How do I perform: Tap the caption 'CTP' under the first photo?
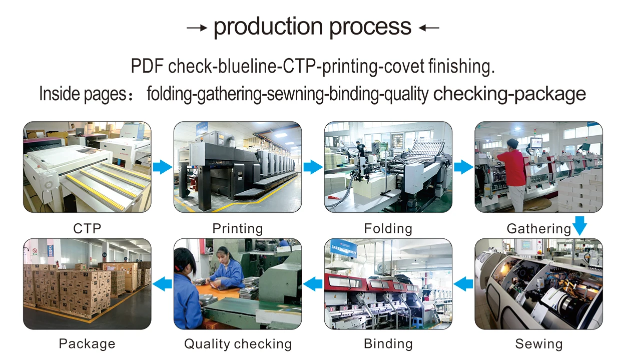(87, 229)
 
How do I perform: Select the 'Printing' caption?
(237, 229)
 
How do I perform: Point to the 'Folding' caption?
(388, 229)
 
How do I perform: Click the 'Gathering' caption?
(538, 229)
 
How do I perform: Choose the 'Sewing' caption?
(538, 344)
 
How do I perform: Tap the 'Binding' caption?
(388, 344)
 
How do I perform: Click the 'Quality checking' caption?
(238, 344)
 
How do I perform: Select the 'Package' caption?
(87, 344)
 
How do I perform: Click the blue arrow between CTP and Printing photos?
(162, 167)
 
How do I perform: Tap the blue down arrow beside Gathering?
(579, 225)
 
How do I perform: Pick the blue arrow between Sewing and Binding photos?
(463, 284)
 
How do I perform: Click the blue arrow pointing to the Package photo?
(162, 284)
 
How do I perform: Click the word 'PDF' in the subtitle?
(147, 67)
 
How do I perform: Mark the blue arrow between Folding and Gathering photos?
(463, 167)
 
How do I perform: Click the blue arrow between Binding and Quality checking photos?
(313, 284)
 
